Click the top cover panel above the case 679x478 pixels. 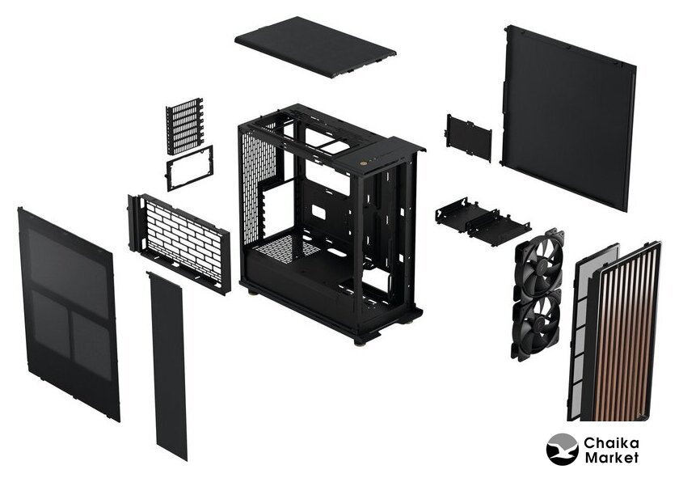point(315,47)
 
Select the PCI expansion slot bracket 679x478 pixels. point(184,125)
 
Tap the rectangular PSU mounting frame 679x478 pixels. point(190,168)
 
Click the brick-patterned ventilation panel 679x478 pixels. point(179,243)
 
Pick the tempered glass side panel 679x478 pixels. point(69,314)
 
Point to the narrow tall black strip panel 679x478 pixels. point(167,366)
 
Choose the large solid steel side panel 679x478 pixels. point(568,118)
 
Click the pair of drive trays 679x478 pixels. point(483,220)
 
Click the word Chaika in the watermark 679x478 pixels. point(611,443)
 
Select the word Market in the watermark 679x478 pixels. point(611,458)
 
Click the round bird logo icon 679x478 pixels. point(562,450)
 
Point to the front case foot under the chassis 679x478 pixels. point(360,341)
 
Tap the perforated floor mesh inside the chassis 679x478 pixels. point(286,249)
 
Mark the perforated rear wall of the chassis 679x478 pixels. point(258,186)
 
